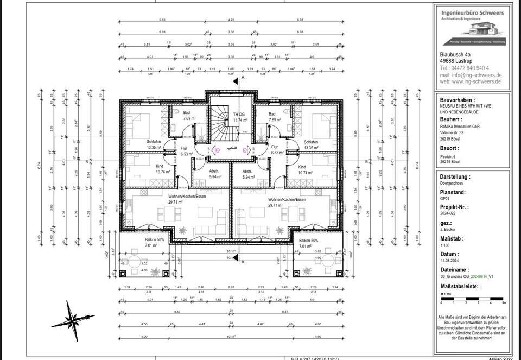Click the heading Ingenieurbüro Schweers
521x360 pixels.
[472, 12]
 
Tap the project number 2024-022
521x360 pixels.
[450, 214]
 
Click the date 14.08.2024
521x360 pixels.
[451, 261]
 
